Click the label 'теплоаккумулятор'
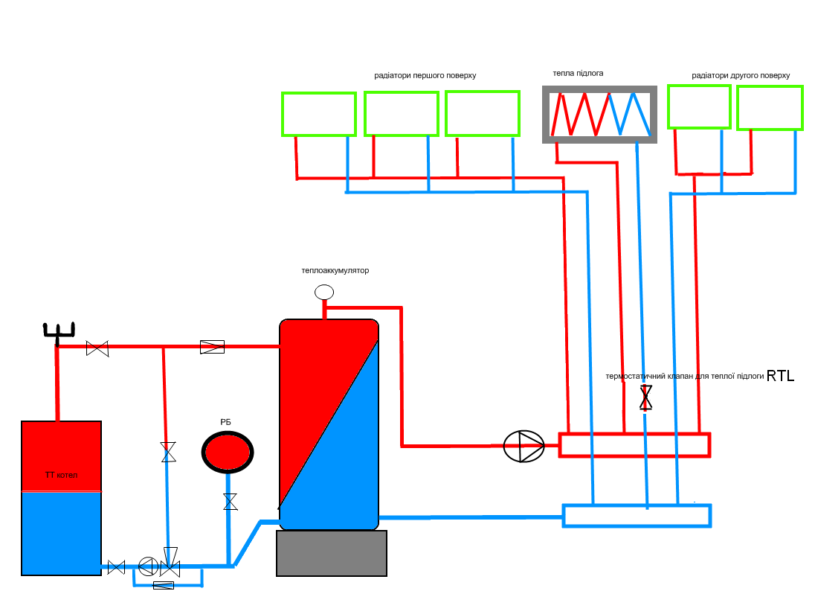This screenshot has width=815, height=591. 335,270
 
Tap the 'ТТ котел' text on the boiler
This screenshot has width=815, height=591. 61,475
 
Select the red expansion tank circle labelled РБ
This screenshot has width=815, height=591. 228,452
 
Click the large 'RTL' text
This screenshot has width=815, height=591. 780,376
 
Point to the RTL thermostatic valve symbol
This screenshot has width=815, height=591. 645,397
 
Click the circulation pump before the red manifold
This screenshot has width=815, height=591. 524,446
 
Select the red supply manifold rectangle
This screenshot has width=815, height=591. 634,445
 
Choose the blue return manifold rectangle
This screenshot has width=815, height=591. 637,516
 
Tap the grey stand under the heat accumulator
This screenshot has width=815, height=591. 332,553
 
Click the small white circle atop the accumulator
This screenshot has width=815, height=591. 324,293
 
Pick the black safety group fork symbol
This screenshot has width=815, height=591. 58,333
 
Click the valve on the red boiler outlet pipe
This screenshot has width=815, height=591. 97,348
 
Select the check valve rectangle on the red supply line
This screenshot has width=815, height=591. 212,347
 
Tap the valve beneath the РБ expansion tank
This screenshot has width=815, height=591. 231,502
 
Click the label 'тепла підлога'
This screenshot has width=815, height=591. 578,74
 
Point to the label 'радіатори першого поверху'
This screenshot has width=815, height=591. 425,75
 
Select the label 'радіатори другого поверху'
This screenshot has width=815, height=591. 741,75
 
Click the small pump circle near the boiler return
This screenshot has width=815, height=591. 148,566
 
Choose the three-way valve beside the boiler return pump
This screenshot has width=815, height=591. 170,563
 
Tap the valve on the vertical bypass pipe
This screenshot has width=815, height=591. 168,452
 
